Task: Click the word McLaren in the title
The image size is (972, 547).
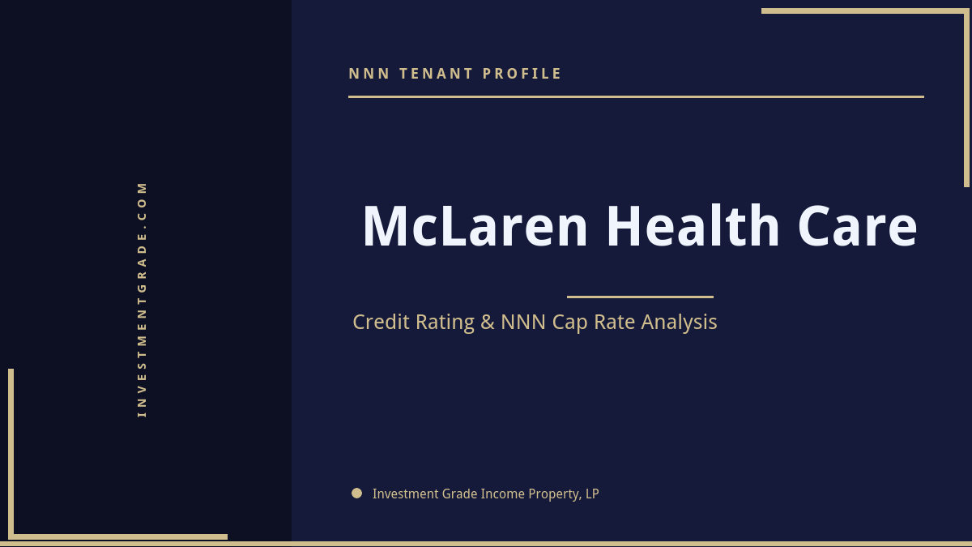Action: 475,227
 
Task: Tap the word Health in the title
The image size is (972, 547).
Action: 693,227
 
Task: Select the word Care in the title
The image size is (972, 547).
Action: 857,227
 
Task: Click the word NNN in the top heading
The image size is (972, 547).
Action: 369,74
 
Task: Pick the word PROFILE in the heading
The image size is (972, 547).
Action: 522,74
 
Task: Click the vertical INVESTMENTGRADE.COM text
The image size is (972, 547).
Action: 142,299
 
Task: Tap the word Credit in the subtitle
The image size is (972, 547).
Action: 382,322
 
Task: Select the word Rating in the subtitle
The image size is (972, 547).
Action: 445,323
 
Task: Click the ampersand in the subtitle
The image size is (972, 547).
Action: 488,322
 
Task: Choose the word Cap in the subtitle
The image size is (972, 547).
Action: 570,323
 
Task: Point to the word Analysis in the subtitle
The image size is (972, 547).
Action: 679,323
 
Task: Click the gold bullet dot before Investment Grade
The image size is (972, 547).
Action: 356,493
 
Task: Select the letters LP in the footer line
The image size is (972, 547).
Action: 591,494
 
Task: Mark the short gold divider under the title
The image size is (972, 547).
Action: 640,297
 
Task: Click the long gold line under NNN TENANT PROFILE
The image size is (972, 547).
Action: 636,96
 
